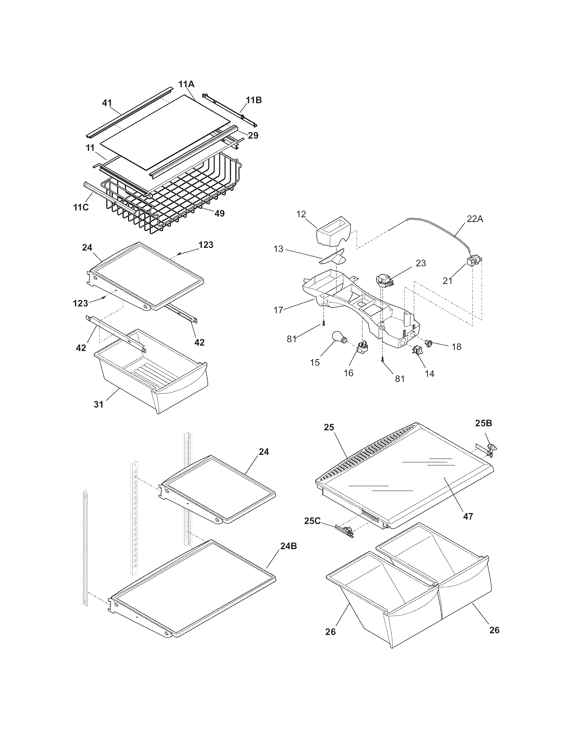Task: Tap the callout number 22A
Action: pos(474,219)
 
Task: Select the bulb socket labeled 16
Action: pos(361,349)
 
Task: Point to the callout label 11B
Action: pos(253,100)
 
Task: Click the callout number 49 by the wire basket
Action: pos(219,213)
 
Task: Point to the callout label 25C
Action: pos(312,521)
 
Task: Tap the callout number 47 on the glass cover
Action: pos(468,516)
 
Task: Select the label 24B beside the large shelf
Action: pos(288,546)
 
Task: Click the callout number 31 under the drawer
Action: pos(98,404)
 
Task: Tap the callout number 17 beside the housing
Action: pos(279,310)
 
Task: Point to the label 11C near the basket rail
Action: pos(81,207)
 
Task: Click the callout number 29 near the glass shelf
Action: pos(253,135)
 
